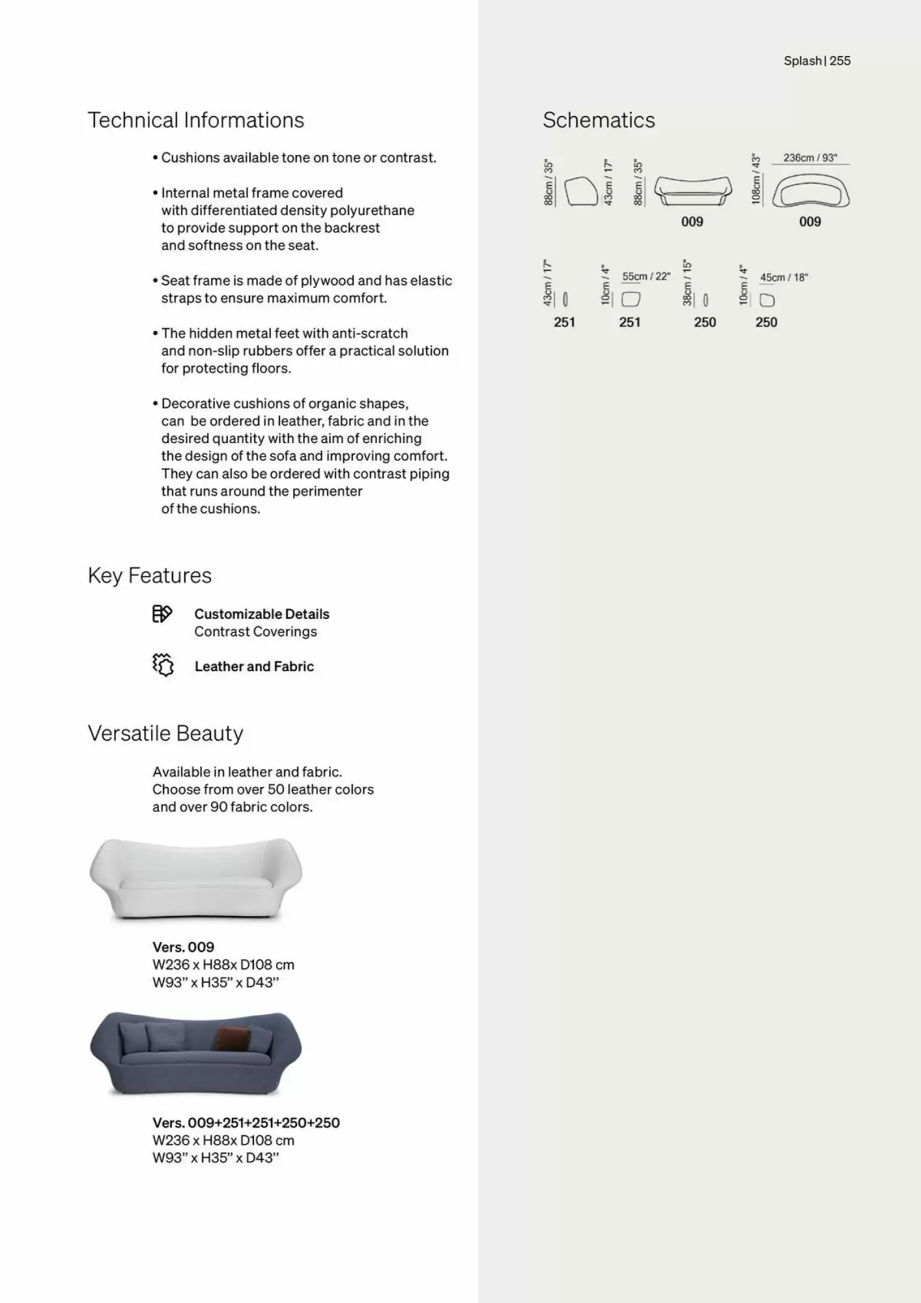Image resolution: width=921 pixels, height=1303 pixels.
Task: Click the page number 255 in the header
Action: (x=840, y=61)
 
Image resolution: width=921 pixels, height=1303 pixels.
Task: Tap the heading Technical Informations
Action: (x=195, y=121)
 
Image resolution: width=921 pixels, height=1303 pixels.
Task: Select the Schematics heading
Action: (x=599, y=121)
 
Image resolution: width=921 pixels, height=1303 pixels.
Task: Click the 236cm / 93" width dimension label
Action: (x=810, y=158)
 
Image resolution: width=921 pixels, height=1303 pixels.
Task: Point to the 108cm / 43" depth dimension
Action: (x=756, y=179)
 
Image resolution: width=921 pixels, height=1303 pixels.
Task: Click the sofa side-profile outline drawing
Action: (x=580, y=192)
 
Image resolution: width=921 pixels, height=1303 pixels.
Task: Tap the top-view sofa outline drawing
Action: (x=811, y=193)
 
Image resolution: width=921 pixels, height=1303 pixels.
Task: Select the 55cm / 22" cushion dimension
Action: (x=645, y=276)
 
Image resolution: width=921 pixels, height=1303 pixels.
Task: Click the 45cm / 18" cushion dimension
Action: (x=784, y=278)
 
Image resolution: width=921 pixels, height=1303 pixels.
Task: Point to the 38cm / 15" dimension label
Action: (x=687, y=282)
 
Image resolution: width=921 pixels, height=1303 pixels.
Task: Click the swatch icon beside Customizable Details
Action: (x=162, y=614)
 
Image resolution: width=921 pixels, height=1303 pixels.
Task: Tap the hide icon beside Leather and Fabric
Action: (x=163, y=665)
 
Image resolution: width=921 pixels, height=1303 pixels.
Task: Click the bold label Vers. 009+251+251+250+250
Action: (x=246, y=1123)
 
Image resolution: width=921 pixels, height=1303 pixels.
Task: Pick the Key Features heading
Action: (x=150, y=576)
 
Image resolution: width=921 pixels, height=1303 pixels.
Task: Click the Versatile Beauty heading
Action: (x=165, y=734)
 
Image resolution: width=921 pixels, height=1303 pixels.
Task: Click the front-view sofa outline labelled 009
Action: (x=692, y=191)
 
